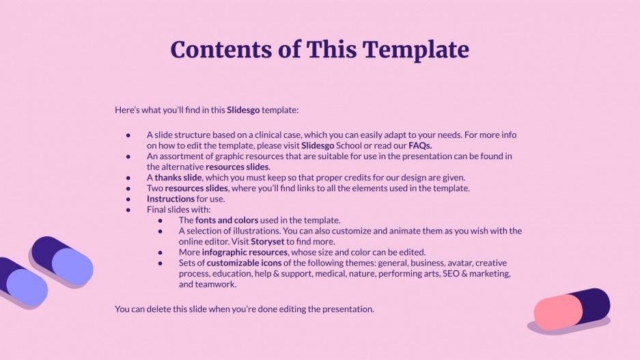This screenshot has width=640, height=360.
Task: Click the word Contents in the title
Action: [x=217, y=49]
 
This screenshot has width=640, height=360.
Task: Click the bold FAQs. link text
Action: [x=420, y=146]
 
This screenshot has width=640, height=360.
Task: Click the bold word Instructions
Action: [x=170, y=199]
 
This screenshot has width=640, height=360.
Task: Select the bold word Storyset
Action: [x=268, y=241]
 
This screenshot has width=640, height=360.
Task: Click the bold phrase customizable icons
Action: [x=244, y=263]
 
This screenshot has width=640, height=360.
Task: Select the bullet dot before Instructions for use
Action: [x=128, y=199]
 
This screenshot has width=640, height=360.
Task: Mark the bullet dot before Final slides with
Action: [x=128, y=210]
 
